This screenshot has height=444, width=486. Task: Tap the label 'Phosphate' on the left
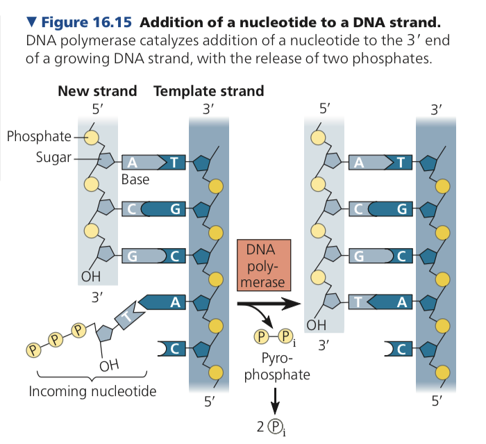coord(40,135)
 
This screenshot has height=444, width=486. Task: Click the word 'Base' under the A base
coord(135,179)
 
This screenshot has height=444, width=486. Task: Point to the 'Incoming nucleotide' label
coord(92,391)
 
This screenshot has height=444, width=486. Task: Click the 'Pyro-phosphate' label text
coord(276,367)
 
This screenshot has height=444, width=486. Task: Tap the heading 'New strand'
coord(97,91)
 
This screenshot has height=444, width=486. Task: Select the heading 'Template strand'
coord(208,91)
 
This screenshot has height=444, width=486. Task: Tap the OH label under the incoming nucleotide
coord(108,365)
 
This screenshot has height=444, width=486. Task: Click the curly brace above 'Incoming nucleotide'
coord(92,377)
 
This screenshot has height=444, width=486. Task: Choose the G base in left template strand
coord(174,208)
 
